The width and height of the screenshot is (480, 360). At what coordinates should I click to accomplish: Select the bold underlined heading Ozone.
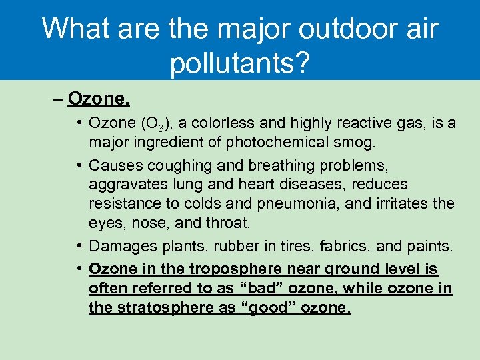pyautogui.click(x=99, y=100)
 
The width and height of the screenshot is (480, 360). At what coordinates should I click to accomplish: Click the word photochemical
pyautogui.click(x=283, y=143)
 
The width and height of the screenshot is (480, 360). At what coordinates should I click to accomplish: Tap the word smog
pyautogui.click(x=359, y=143)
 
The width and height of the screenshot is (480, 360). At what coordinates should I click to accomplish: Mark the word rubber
pyautogui.click(x=235, y=247)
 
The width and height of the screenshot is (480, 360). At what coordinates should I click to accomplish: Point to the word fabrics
pyautogui.click(x=346, y=247)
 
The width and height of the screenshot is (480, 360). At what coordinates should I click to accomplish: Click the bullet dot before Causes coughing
pyautogui.click(x=79, y=165)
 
